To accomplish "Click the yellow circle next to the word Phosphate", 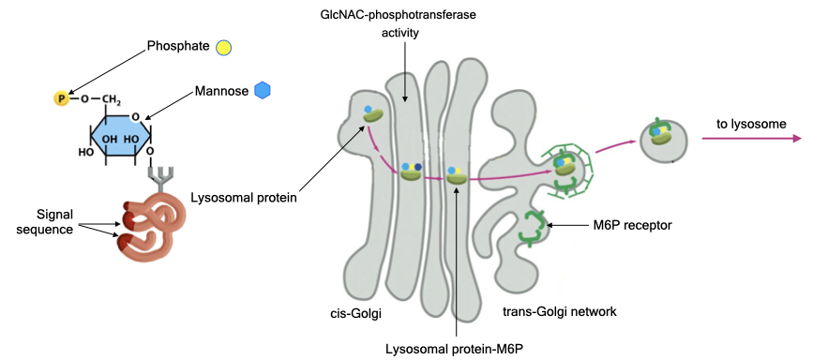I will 223,47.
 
